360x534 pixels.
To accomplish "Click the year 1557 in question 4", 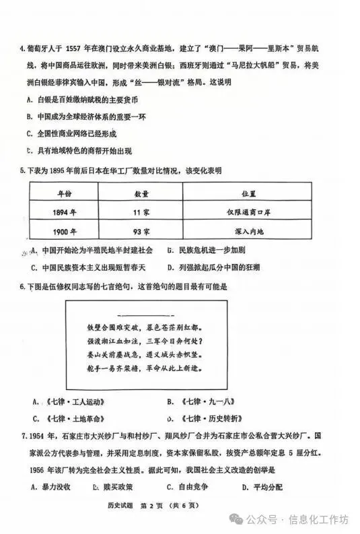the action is (x=77, y=48).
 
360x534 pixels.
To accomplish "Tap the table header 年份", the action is (x=65, y=193).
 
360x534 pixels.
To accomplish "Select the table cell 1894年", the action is (x=65, y=212).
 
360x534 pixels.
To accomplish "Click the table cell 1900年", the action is (x=65, y=232).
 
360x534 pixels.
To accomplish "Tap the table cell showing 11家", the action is (x=142, y=212).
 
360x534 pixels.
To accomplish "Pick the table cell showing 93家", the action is (x=142, y=232).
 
